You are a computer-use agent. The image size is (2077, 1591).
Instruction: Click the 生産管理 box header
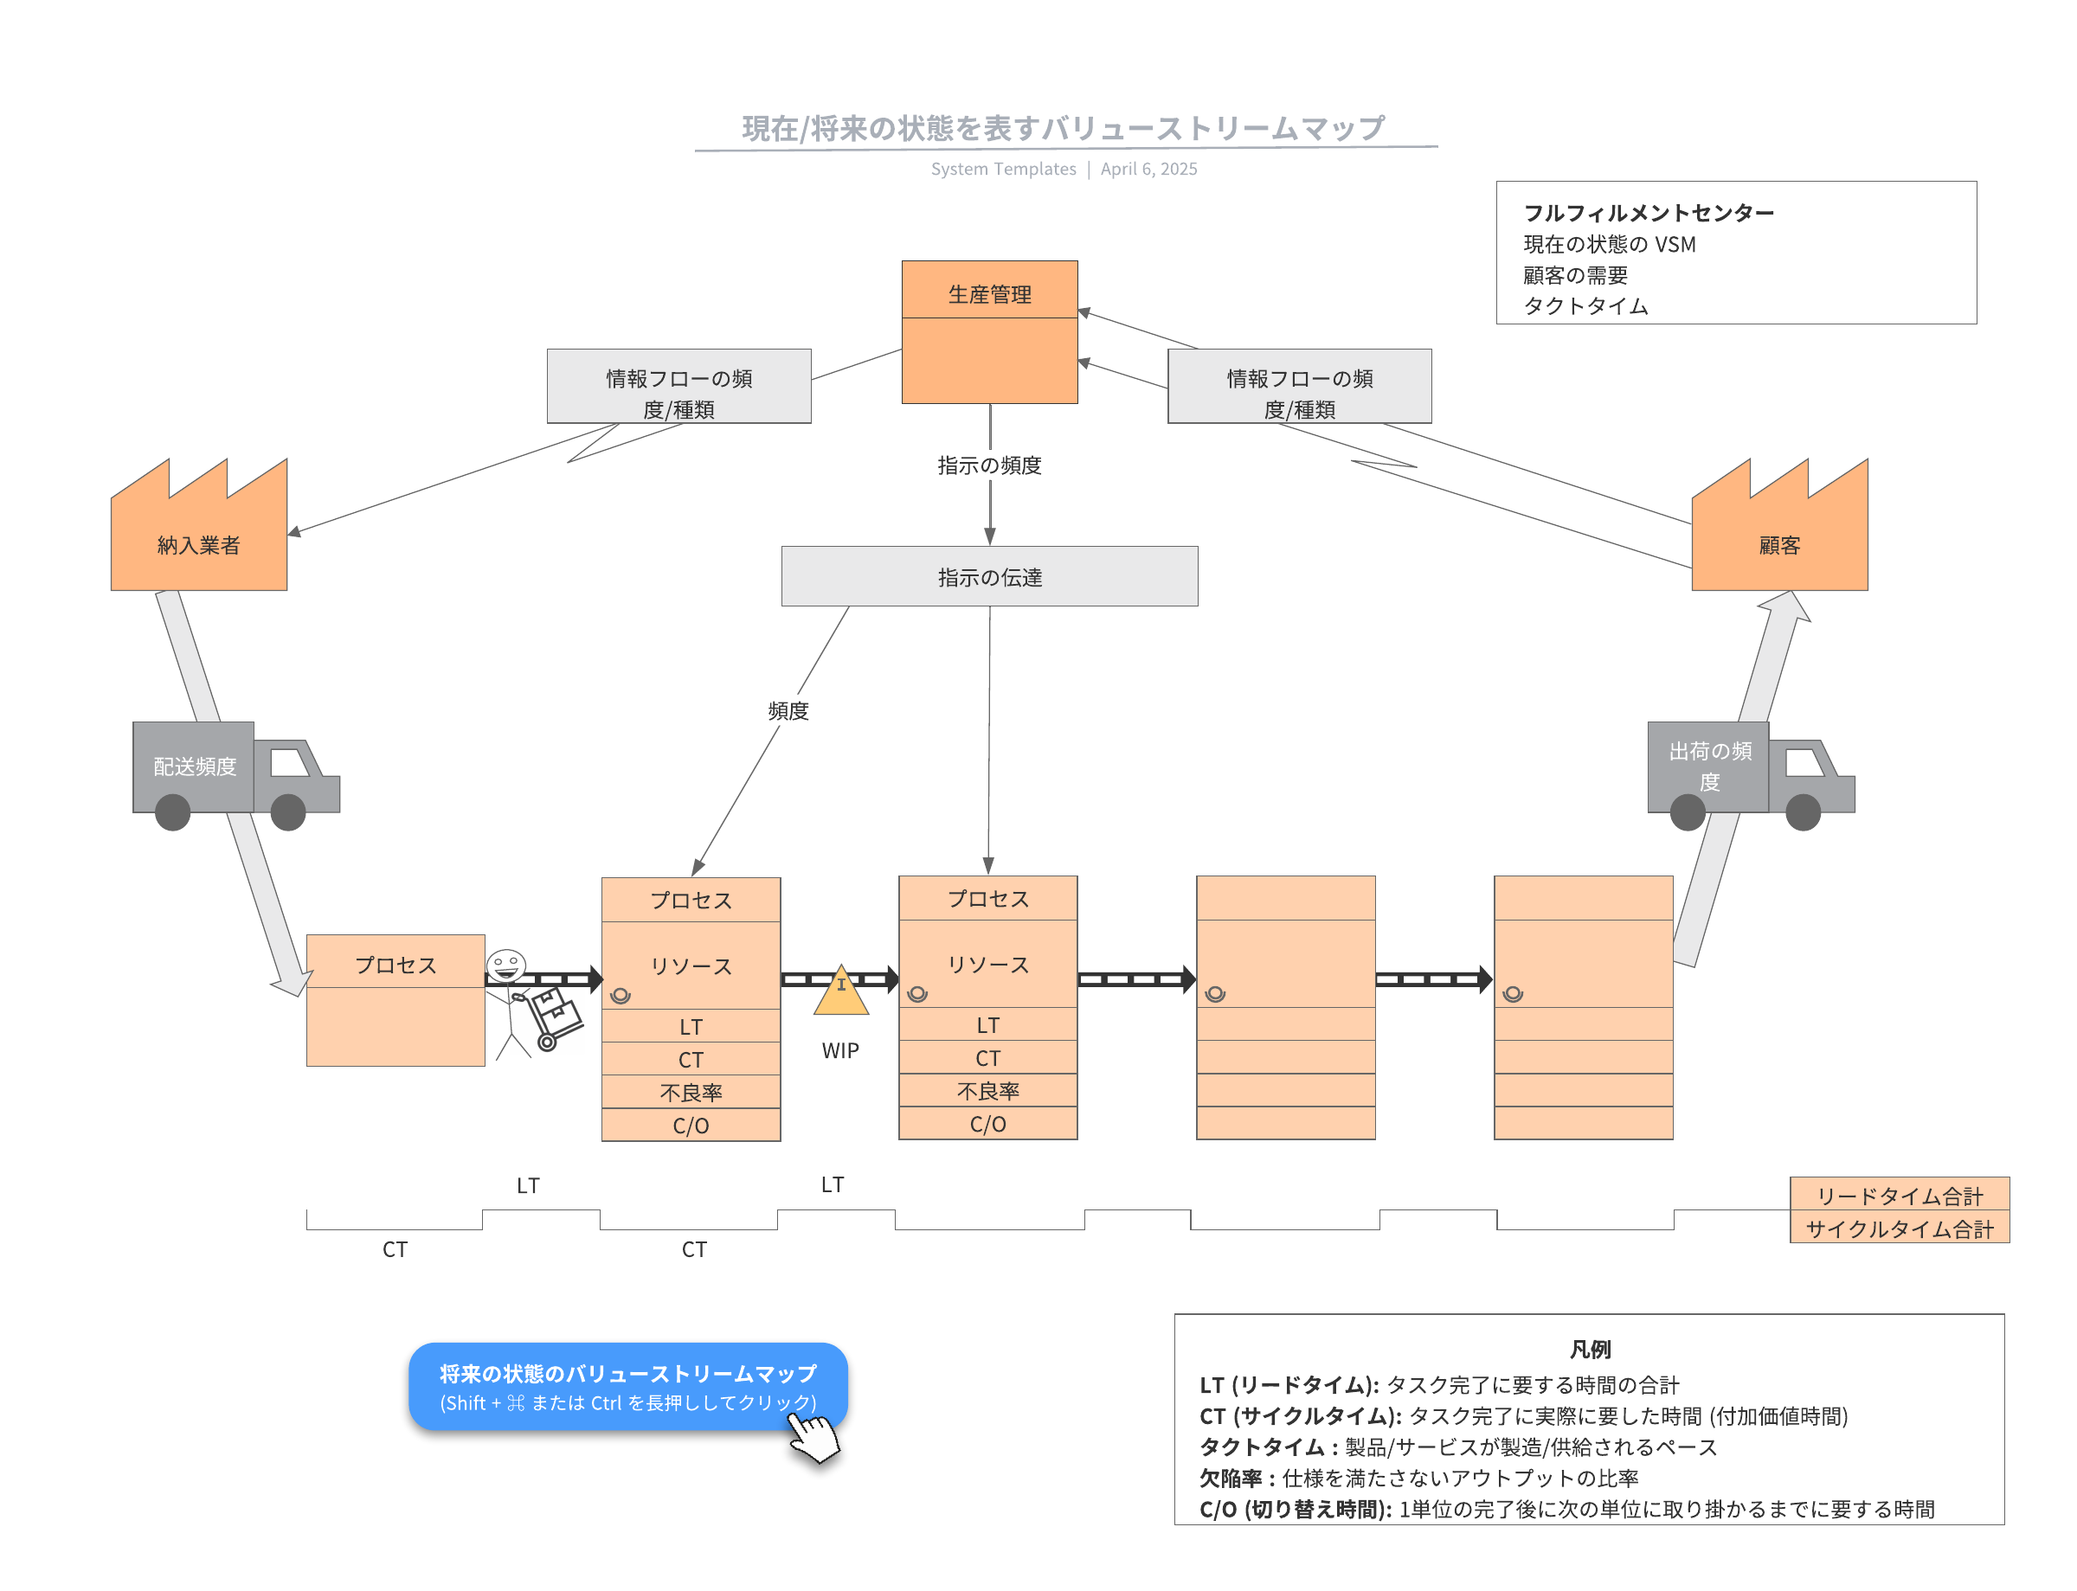989,293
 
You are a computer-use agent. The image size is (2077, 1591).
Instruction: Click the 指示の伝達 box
989,576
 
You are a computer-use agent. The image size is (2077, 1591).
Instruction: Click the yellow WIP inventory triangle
840,992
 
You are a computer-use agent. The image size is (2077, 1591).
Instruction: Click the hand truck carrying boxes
554,1018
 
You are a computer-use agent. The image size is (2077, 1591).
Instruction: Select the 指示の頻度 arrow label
989,465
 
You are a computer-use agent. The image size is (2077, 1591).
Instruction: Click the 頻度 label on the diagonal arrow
788,710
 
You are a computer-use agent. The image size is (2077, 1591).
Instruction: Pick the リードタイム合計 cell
1898,1195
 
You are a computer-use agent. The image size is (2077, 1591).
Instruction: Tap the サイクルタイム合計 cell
1898,1229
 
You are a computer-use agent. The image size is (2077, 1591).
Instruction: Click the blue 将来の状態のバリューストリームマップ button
627,1385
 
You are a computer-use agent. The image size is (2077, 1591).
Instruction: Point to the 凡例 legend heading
1589,1349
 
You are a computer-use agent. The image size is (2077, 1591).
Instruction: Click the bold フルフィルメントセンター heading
1648,213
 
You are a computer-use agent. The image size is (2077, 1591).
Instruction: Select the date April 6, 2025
1148,170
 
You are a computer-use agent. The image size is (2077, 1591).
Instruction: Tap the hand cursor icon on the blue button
813,1439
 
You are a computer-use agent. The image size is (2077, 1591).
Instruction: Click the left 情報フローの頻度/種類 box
678,387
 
